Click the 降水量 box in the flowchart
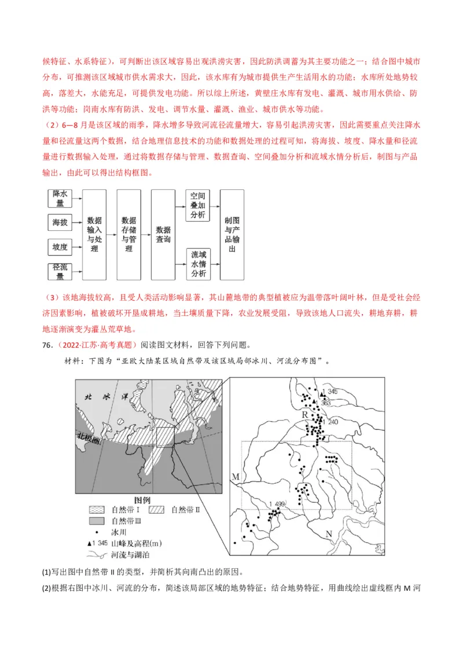pyautogui.click(x=60, y=198)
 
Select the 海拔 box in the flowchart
pyautogui.click(x=60, y=222)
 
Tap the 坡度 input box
pyautogui.click(x=60, y=247)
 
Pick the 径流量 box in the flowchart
pyautogui.click(x=60, y=271)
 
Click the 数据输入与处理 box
pyautogui.click(x=94, y=234)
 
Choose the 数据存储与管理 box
pyautogui.click(x=128, y=234)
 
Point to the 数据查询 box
pyautogui.click(x=163, y=234)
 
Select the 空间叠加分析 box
pyautogui.click(x=197, y=205)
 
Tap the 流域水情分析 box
pyautogui.click(x=197, y=264)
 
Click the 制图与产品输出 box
pyautogui.click(x=232, y=234)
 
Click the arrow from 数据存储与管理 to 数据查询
pyautogui.click(x=146, y=234)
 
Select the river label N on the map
pyautogui.click(x=329, y=533)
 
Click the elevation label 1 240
pyautogui.click(x=332, y=422)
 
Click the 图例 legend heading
pyautogui.click(x=142, y=499)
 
